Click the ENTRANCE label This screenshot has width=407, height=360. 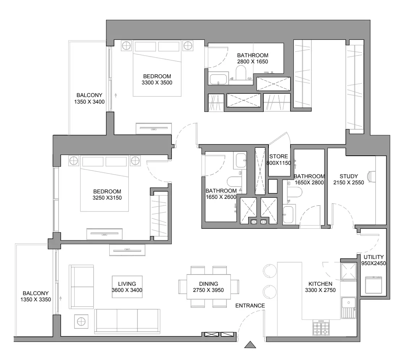tap(250, 306)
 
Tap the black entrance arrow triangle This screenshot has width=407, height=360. tap(250, 345)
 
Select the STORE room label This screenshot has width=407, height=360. tap(279, 156)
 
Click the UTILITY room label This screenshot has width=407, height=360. tap(373, 257)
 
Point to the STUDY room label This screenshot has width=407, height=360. tap(349, 176)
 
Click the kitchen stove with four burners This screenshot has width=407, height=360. tap(321, 327)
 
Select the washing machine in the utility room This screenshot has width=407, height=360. tap(373, 285)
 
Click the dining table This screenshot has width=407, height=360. tap(209, 287)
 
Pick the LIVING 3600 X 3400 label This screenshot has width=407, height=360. tap(127, 287)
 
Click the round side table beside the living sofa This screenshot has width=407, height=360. tap(81, 322)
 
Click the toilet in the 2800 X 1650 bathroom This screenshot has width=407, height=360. tap(241, 72)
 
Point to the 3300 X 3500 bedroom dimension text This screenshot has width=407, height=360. tap(157, 83)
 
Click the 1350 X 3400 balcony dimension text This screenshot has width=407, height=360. tap(89, 102)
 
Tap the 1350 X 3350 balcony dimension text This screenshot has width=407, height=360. tap(35, 300)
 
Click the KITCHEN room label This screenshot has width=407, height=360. tap(320, 284)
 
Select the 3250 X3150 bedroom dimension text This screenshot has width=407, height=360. tap(107, 198)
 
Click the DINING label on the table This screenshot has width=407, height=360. tap(208, 284)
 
